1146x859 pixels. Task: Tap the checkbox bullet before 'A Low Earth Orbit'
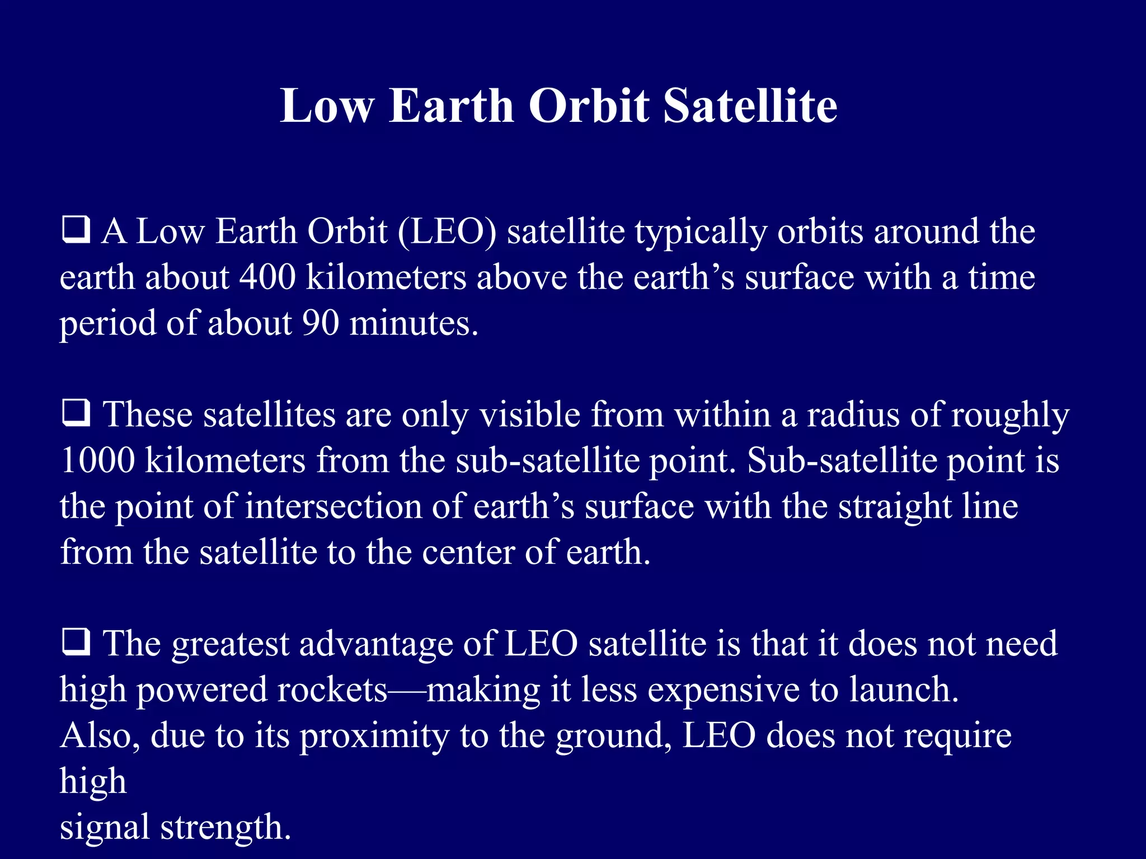(76, 230)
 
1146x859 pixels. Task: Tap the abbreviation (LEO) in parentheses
(447, 231)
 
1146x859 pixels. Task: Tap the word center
(468, 552)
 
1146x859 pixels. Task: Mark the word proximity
(374, 736)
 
